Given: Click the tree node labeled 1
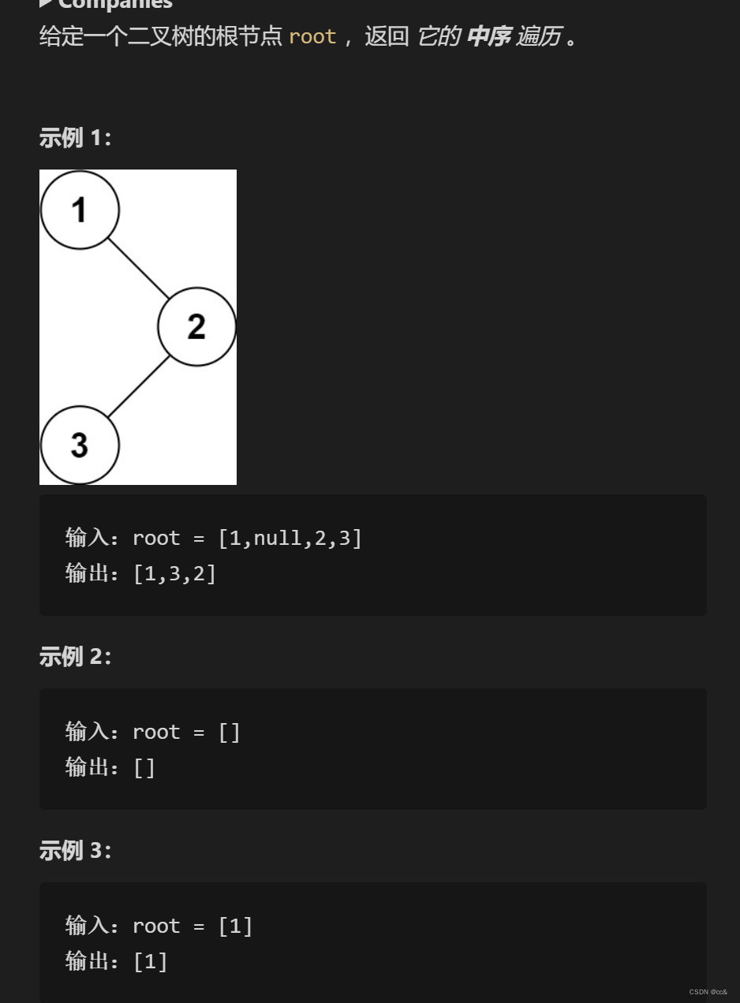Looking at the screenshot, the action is pos(80,210).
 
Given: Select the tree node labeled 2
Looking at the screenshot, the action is pos(196,326).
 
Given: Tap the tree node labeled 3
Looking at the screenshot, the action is pos(80,445).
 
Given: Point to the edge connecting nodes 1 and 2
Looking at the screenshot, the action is pos(139,268).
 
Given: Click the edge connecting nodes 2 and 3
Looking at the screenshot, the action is pos(139,386).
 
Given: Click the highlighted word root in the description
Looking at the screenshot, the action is pos(312,36).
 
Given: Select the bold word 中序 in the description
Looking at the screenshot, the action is pos(488,36).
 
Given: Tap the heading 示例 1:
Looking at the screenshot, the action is pos(75,138).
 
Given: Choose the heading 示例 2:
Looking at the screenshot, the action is pos(75,656).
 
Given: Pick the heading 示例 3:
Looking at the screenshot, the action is pos(75,850).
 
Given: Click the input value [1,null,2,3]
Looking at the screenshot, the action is pos(290,539).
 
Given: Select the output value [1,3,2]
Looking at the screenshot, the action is pos(174,573).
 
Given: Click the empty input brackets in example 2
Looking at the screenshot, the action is pos(229,733).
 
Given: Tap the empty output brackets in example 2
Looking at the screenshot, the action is pos(144,767).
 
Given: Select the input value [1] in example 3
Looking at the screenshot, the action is pos(235,927).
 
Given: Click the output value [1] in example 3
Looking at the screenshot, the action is pos(150,961).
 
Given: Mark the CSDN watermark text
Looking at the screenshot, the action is pos(708,992).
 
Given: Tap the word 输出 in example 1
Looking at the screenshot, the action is pos(86,573).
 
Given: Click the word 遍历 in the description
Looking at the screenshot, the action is pos(538,36).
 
